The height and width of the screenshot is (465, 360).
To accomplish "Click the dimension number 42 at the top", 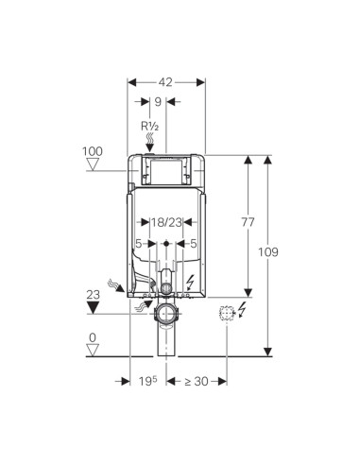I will click(x=166, y=81).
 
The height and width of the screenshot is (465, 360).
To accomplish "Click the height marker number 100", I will click(x=92, y=151).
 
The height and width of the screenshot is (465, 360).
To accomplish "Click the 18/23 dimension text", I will click(x=166, y=223).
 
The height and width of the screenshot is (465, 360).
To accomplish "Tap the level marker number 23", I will click(x=93, y=293).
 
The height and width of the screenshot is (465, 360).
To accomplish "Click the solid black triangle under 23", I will click(x=93, y=307).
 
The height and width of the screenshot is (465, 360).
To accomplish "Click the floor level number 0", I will click(x=93, y=336).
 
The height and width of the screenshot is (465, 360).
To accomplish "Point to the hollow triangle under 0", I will click(x=93, y=351).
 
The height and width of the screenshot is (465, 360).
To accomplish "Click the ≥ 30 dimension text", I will click(x=197, y=381).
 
